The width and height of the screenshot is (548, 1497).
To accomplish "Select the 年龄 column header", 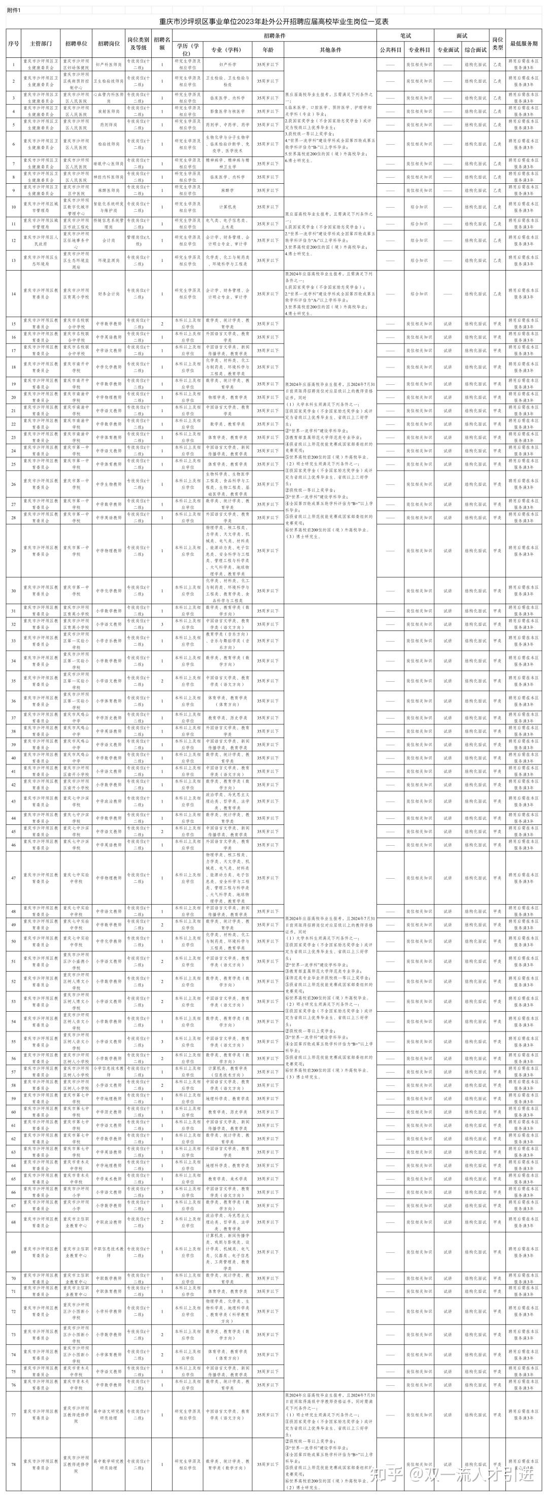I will click(268, 50).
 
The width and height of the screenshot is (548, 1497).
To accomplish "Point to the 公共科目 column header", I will click(391, 50).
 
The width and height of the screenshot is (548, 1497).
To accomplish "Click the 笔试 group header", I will click(404, 36).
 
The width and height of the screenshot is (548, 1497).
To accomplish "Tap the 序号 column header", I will click(14, 44).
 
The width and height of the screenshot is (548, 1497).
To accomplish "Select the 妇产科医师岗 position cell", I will click(109, 65).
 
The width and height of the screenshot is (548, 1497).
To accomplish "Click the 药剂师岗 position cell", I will click(109, 125).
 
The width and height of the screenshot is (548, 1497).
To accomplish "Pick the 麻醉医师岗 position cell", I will click(109, 190).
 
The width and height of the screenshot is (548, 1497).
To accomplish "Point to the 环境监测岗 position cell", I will click(109, 261).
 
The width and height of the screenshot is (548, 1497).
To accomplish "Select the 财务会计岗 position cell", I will click(109, 294).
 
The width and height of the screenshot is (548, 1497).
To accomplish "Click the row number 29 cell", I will click(14, 551).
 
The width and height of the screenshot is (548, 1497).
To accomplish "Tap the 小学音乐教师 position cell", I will click(109, 641).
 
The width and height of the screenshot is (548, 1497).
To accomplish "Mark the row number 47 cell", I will click(14, 878).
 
